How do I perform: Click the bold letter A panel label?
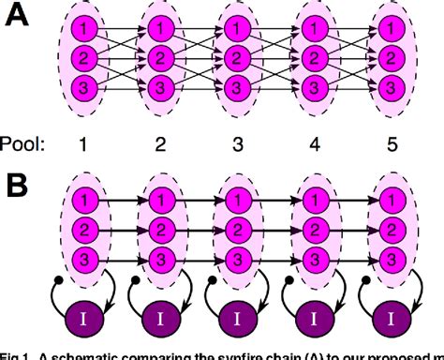tap(20, 20)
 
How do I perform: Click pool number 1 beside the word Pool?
tap(85, 145)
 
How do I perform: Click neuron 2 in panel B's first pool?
tap(85, 226)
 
